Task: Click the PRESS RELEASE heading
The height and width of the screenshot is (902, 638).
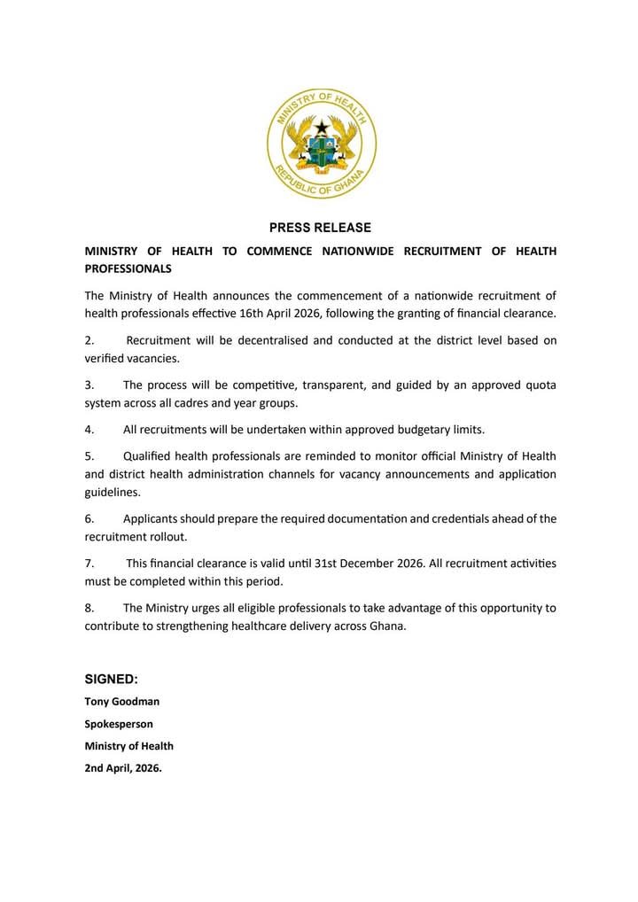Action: pos(320,228)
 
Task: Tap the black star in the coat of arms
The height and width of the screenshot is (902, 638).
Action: pos(322,129)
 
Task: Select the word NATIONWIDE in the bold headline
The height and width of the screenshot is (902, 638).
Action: pos(359,251)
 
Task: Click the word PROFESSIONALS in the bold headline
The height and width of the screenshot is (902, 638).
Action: pos(128,268)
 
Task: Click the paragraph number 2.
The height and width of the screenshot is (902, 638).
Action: pos(89,340)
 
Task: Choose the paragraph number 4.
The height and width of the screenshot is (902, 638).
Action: pos(89,430)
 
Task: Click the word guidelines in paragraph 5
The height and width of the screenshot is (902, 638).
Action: pos(113,492)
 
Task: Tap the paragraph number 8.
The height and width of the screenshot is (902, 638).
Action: pos(89,609)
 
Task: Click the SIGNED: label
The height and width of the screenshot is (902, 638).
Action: pos(111,679)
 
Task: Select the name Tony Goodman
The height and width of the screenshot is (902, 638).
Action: pos(122,701)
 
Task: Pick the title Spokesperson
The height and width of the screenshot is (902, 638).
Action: pos(119,723)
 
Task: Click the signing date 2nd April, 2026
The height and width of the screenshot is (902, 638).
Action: pos(123,768)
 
